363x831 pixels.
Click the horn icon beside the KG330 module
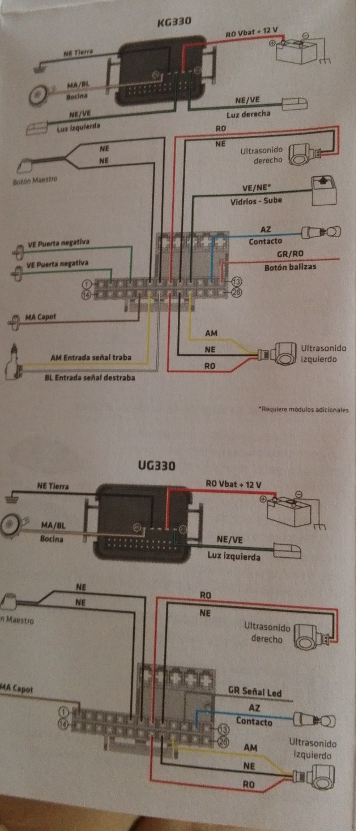click(39, 94)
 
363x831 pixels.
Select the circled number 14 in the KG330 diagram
click(86, 294)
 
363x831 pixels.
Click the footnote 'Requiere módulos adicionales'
click(303, 409)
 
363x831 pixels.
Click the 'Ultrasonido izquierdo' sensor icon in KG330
click(283, 354)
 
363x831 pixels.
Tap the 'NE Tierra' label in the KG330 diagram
click(77, 53)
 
